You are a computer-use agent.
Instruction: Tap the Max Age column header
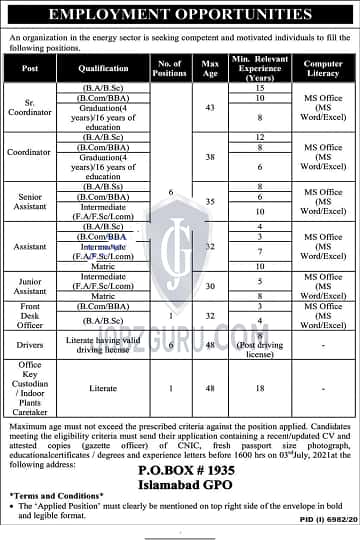click(208, 68)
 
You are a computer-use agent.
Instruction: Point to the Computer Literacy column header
click(323, 68)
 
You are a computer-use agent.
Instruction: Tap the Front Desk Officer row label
click(30, 315)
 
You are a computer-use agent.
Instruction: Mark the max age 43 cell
click(208, 107)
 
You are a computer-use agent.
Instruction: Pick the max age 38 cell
click(208, 157)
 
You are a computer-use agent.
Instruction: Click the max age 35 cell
click(208, 200)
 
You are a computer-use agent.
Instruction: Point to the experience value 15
click(260, 88)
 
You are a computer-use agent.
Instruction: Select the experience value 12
click(260, 136)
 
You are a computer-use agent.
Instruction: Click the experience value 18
click(260, 386)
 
